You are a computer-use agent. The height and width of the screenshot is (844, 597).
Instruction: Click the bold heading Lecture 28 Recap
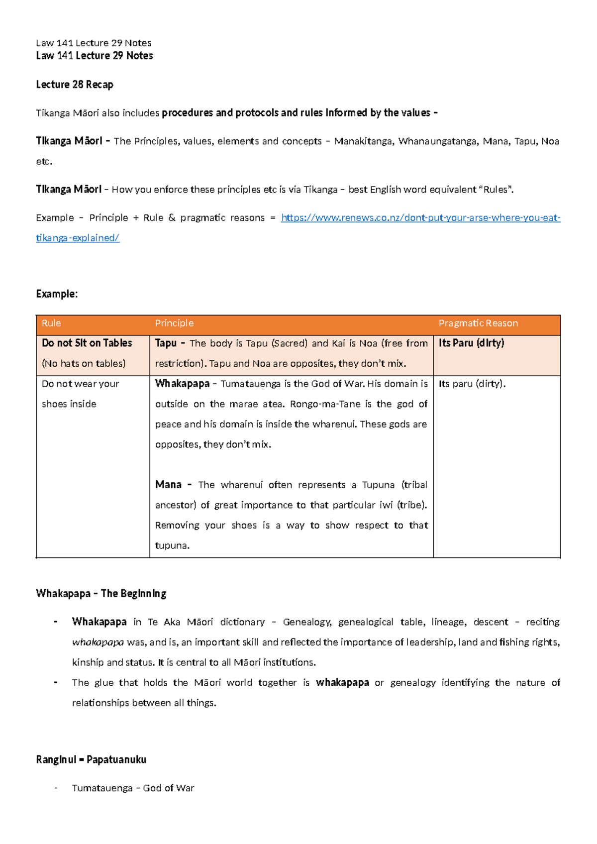click(x=75, y=85)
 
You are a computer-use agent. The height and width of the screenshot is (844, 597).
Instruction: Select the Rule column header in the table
click(x=51, y=323)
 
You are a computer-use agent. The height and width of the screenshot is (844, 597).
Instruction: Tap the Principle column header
click(x=174, y=323)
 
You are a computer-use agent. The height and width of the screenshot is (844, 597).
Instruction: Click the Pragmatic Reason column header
click(x=478, y=323)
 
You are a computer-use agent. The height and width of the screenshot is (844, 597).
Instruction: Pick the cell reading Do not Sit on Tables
click(x=87, y=343)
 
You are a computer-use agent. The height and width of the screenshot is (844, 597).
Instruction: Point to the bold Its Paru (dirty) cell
click(x=471, y=343)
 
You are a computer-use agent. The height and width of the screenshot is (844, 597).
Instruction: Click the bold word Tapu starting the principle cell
click(x=166, y=343)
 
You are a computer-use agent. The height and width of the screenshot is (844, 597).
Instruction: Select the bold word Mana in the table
click(x=168, y=485)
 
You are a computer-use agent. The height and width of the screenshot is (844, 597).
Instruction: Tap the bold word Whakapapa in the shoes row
click(x=182, y=384)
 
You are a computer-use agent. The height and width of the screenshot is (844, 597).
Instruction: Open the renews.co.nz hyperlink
click(x=420, y=218)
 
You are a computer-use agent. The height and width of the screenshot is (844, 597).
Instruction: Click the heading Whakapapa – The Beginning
click(x=101, y=594)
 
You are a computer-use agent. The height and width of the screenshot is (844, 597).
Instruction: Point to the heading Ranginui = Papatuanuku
click(x=91, y=760)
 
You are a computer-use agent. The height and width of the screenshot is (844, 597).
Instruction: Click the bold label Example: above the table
click(x=57, y=294)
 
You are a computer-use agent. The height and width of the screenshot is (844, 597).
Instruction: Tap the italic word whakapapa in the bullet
click(x=98, y=642)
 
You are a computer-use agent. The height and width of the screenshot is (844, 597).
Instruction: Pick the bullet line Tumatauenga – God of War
click(x=133, y=788)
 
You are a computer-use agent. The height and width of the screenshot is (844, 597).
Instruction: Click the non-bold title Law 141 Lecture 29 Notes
click(x=94, y=43)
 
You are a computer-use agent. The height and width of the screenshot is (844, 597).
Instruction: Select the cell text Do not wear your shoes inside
click(x=80, y=394)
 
